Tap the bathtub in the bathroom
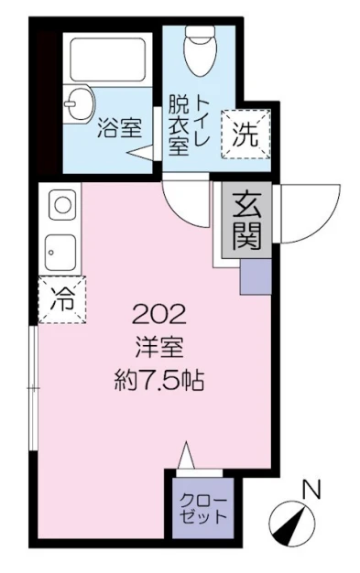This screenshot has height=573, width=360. pos(107,59)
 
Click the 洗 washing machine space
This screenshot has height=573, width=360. pos(245,135)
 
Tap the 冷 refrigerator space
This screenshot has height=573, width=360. pos(61,299)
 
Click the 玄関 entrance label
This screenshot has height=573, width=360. pos(246,221)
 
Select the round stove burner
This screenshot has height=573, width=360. pos(62,205)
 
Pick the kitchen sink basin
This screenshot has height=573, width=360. pos(60,252)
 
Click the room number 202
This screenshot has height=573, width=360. pos(159,315)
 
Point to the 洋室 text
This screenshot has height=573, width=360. pos(159,347)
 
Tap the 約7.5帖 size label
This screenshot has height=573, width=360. pos(159,380)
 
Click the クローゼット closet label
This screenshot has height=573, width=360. pos(203,509)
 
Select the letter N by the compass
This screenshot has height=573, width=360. pos(311,490)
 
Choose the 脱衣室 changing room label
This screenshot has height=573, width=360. pos(179,125)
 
